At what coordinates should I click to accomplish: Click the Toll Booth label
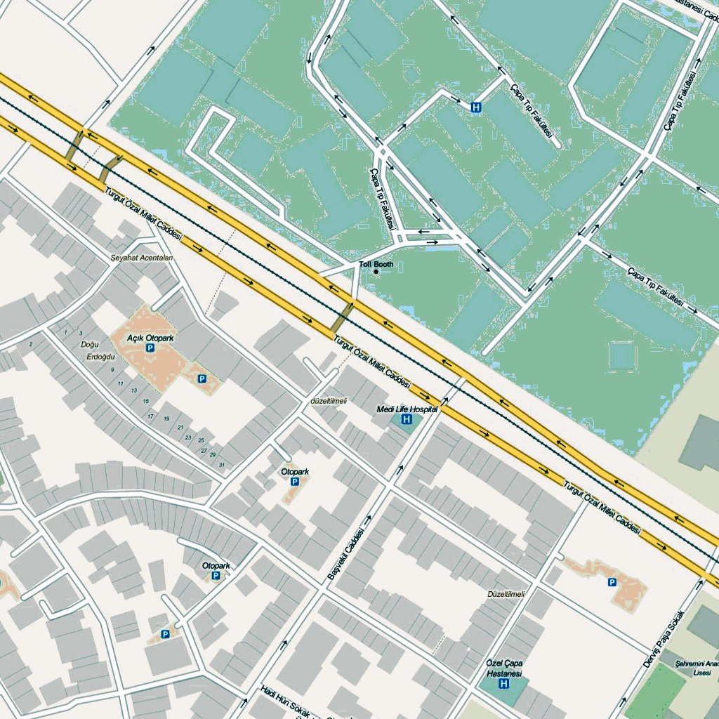[x=376, y=264]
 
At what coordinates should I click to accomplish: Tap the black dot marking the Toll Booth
[x=376, y=272]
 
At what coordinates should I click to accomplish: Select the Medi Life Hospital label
[x=407, y=409]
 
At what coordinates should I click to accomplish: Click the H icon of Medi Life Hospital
[x=406, y=419]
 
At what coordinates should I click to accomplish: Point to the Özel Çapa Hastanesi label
[x=505, y=668]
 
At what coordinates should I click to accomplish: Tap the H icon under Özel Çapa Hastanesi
[x=503, y=683]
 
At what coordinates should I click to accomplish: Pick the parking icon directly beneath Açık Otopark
[x=149, y=348]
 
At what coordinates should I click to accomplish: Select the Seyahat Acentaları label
[x=141, y=258]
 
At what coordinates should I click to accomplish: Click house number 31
[x=222, y=466]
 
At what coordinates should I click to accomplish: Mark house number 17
[x=150, y=416]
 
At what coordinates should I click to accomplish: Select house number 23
[x=188, y=437]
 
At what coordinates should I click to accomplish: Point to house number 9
[x=112, y=369]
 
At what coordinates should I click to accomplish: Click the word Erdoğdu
[x=100, y=357]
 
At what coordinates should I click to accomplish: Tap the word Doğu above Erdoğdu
[x=90, y=345]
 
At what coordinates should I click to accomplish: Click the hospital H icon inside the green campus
[x=476, y=107]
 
